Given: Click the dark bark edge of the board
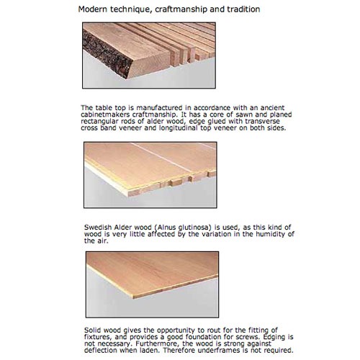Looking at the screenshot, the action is [x=107, y=54].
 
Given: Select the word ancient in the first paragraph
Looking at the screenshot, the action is [x=272, y=108].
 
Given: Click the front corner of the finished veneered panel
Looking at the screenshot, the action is [x=132, y=297].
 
